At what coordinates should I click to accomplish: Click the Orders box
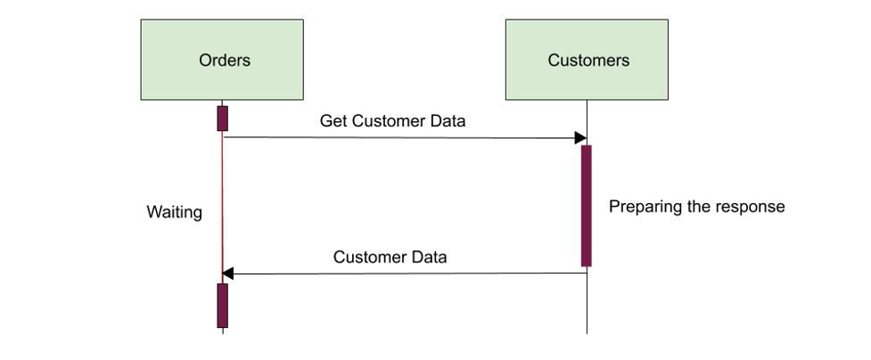pyautogui.click(x=222, y=60)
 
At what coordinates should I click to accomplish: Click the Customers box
pyautogui.click(x=587, y=60)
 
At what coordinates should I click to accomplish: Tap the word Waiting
pyautogui.click(x=175, y=213)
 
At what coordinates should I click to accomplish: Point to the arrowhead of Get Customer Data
pyautogui.click(x=580, y=138)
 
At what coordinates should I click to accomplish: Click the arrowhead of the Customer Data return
pyautogui.click(x=227, y=274)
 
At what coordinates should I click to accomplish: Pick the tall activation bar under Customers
pyautogui.click(x=587, y=206)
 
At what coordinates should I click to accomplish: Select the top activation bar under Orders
pyautogui.click(x=222, y=119)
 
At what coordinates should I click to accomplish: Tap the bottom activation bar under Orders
pyautogui.click(x=222, y=306)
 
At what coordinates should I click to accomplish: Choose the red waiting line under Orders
pyautogui.click(x=222, y=208)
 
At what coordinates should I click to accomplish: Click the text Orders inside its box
pyautogui.click(x=225, y=60)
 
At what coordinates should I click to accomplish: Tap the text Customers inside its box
pyautogui.click(x=588, y=60)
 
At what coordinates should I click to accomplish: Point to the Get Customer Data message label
pyautogui.click(x=392, y=120)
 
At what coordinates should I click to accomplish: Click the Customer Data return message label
pyautogui.click(x=390, y=258)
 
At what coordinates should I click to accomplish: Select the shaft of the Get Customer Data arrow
pyautogui.click(x=399, y=137)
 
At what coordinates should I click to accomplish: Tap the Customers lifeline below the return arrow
pyautogui.click(x=588, y=304)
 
